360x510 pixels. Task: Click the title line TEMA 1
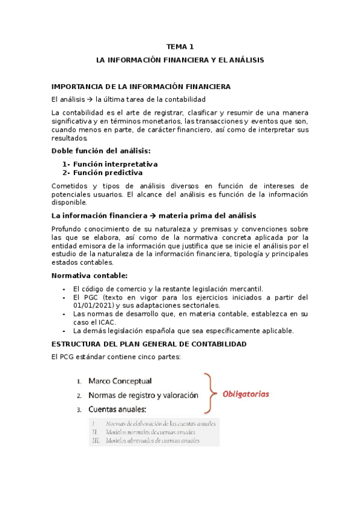pyautogui.click(x=180, y=46)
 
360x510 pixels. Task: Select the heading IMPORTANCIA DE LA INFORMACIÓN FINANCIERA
pyautogui.click(x=141, y=87)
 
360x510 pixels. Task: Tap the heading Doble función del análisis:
pyautogui.click(x=101, y=150)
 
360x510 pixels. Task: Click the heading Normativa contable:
pyautogui.click(x=90, y=275)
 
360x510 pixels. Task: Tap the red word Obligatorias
pyautogui.click(x=246, y=395)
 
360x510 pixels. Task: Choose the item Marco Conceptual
pyautogui.click(x=120, y=381)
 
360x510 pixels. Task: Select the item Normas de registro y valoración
pyautogui.click(x=143, y=396)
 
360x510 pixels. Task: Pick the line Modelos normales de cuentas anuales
pyautogui.click(x=150, y=432)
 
